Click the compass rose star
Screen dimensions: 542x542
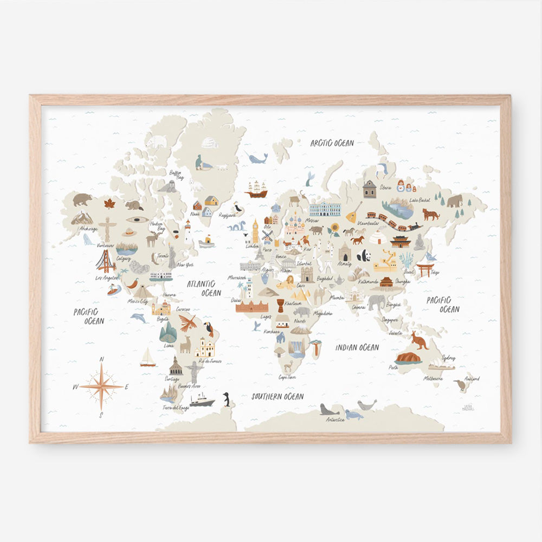(101, 386)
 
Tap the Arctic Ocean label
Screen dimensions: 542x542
(332, 143)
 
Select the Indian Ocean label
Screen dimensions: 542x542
(357, 347)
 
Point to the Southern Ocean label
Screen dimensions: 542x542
(277, 397)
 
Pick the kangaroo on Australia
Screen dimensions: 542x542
(419, 340)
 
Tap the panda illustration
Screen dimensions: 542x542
(363, 255)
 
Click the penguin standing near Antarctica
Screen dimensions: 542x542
(227, 399)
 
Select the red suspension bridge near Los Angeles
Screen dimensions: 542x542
(106, 262)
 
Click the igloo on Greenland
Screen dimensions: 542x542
(210, 143)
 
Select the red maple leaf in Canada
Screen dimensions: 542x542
(109, 204)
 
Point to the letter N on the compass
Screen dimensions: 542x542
(101, 359)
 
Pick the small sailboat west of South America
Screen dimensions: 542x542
(147, 357)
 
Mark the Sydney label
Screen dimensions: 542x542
(448, 358)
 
